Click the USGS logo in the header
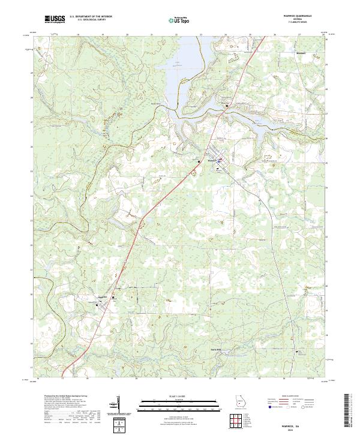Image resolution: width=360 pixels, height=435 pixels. pos(55,19)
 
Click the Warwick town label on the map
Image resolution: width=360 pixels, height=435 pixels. pos(211,161)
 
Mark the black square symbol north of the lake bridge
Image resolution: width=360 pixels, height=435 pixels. pos(227,106)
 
